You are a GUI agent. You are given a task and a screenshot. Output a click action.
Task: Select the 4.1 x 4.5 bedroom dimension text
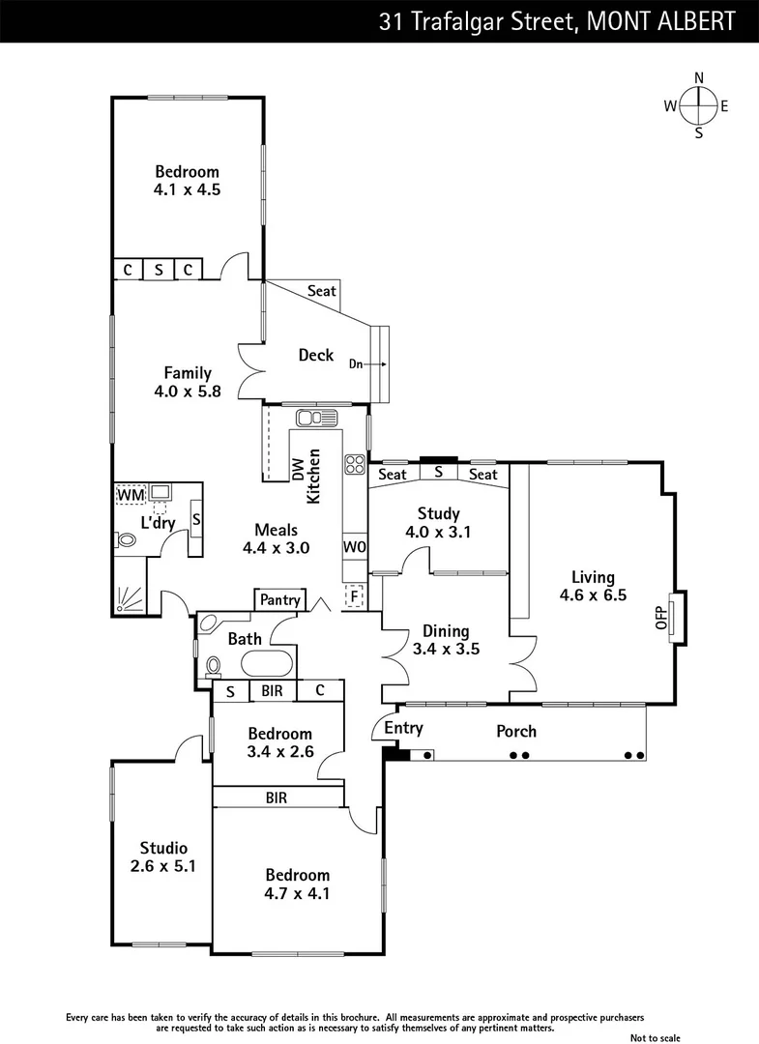coord(187,190)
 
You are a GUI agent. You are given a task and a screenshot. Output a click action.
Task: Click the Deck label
coord(315,355)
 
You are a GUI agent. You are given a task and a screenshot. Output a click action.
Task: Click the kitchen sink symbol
coord(316,418)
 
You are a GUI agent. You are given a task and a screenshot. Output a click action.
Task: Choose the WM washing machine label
coord(130,495)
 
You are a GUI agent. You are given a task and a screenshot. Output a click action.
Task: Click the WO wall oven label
coord(355,546)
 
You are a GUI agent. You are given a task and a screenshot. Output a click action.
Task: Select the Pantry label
coord(280,600)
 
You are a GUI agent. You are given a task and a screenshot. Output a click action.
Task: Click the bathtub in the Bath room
coord(267,664)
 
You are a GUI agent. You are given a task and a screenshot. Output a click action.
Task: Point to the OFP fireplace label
coord(662,618)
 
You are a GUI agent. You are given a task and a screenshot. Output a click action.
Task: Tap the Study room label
coord(438,513)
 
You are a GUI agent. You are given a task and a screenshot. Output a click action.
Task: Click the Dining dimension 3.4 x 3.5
coord(446,649)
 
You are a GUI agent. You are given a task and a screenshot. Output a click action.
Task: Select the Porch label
coord(515,731)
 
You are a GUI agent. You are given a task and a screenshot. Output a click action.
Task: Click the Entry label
coord(403,727)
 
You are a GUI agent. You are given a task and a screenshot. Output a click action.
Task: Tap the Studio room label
coord(162,848)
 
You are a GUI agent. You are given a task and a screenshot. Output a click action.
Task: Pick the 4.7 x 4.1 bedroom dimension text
coord(298,893)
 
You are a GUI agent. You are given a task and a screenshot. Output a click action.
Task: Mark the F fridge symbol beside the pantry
coord(354,595)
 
